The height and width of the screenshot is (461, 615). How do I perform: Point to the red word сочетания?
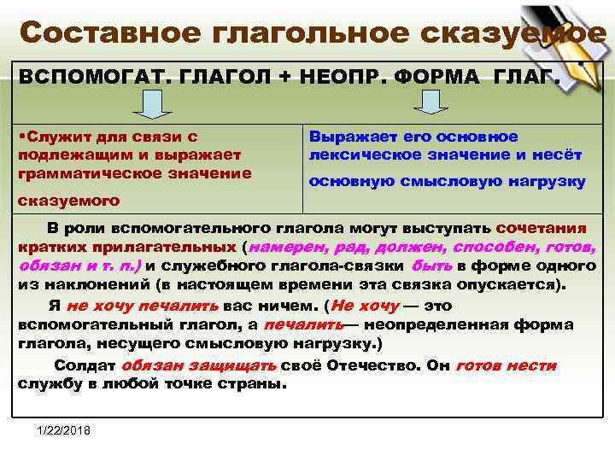541,229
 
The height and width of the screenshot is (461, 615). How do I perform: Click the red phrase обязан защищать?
198,365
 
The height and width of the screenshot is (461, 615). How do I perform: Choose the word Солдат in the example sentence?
85,365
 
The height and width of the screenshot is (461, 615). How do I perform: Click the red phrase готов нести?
506,365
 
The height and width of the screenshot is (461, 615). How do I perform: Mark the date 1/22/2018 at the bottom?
65,428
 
